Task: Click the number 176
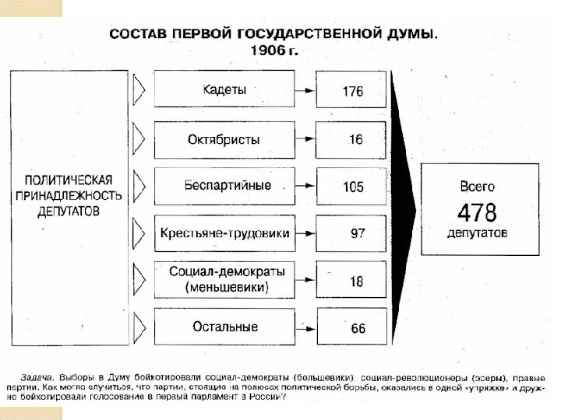(x=353, y=91)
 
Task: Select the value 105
(x=353, y=187)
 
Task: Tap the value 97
(x=357, y=234)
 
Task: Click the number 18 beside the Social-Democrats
(x=356, y=282)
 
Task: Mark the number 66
(x=357, y=328)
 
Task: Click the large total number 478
(x=477, y=212)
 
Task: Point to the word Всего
(x=477, y=187)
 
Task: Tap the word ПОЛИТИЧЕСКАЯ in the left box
(x=69, y=178)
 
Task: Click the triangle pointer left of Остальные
(x=139, y=325)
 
